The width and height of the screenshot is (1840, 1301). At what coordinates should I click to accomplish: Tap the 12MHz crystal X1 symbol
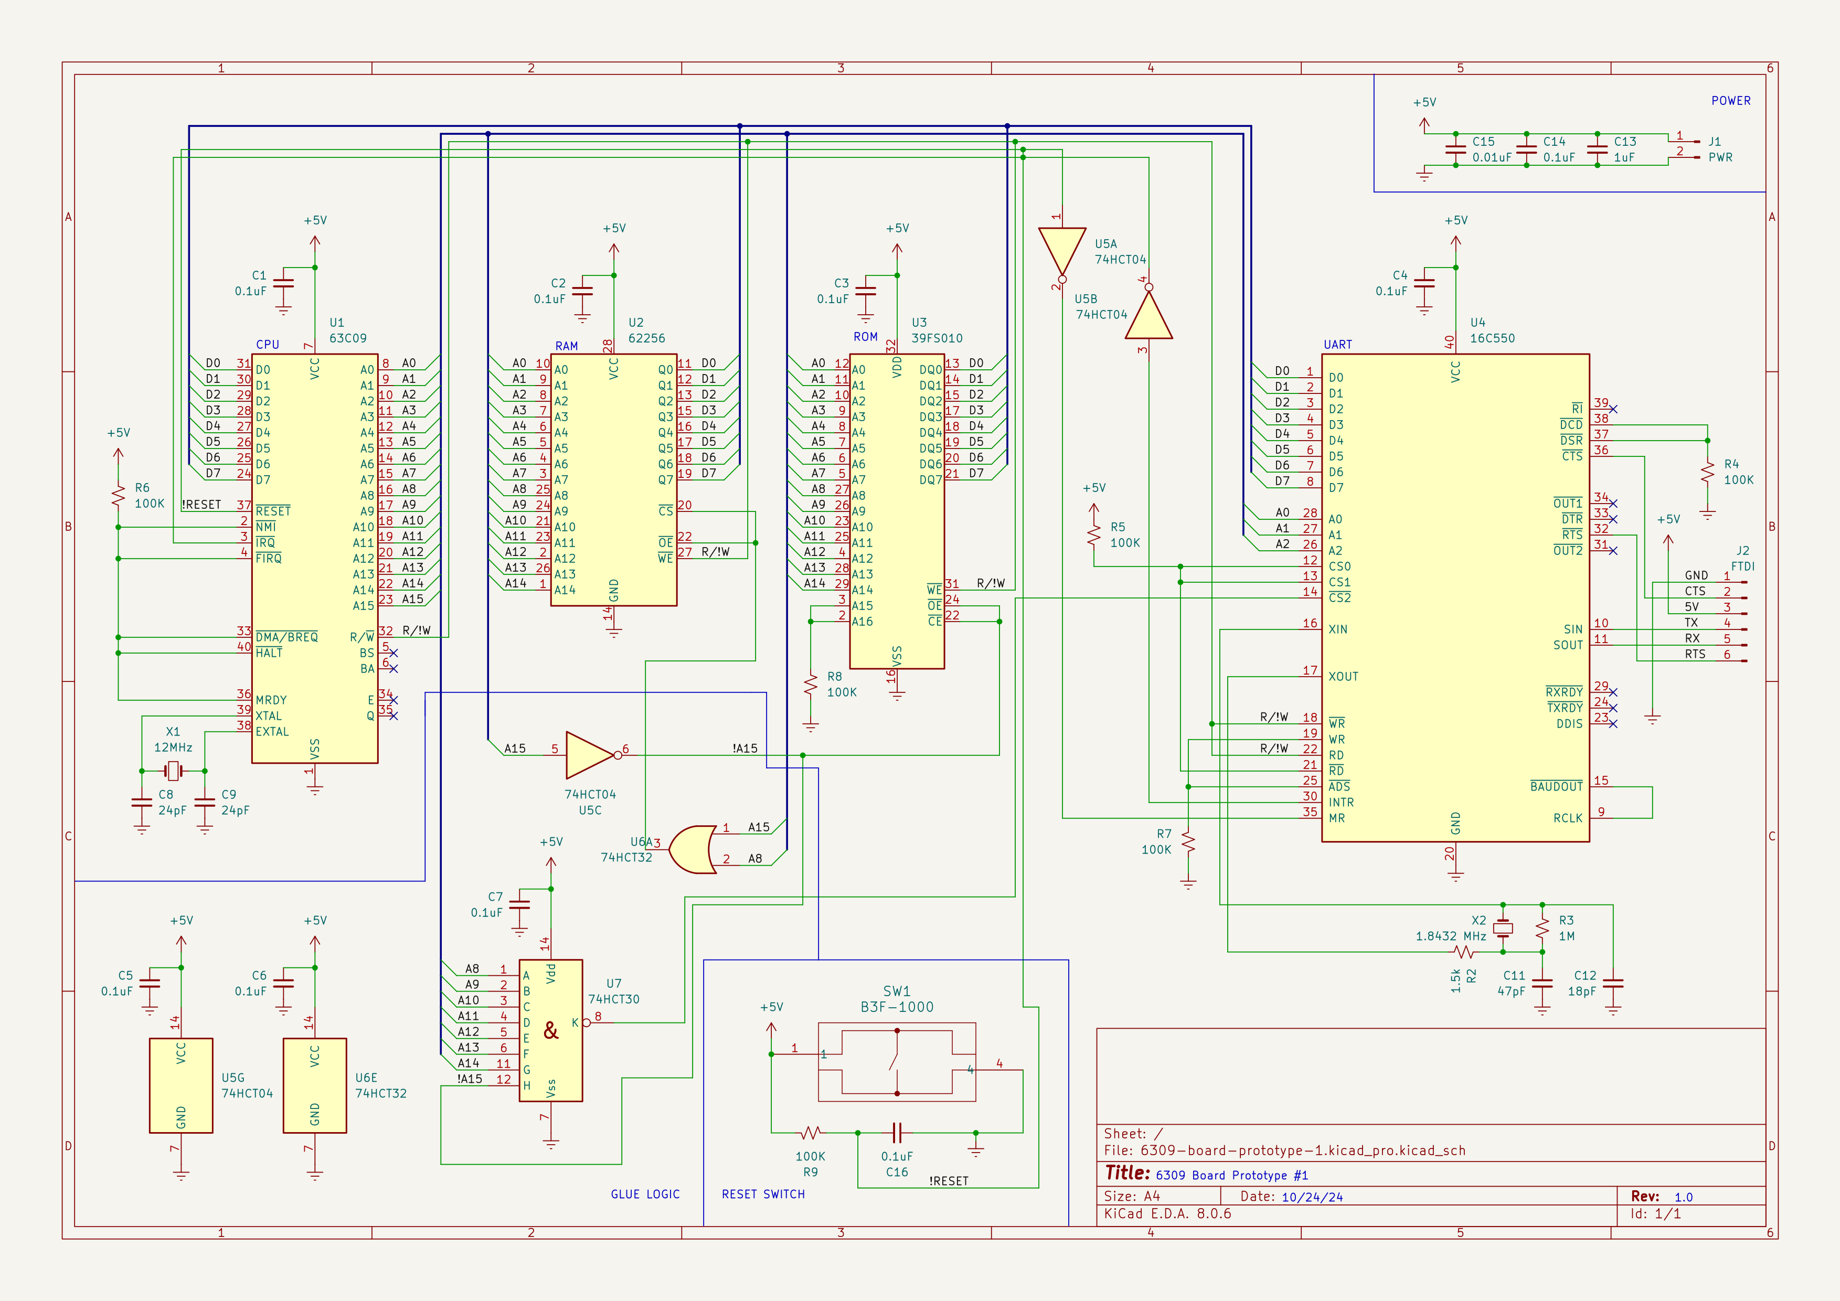coord(173,771)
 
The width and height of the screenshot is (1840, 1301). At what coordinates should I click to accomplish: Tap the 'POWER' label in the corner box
coord(1730,101)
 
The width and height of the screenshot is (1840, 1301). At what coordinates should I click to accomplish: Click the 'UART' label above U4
coord(1337,345)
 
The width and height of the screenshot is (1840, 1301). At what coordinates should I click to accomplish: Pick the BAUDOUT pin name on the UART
coord(1556,787)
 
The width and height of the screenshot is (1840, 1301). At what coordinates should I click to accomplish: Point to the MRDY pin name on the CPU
coord(271,700)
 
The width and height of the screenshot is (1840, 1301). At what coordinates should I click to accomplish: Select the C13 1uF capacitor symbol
coord(1597,149)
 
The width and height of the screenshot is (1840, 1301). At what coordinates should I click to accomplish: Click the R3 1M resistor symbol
coord(1542,929)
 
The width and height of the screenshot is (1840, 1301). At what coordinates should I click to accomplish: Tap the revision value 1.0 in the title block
coord(1683,1197)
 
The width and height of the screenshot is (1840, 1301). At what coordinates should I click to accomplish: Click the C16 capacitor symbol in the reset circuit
coord(897,1133)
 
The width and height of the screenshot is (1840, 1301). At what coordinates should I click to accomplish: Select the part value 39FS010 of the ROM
coord(937,338)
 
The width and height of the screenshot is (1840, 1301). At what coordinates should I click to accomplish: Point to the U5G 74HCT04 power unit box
coord(181,1085)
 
